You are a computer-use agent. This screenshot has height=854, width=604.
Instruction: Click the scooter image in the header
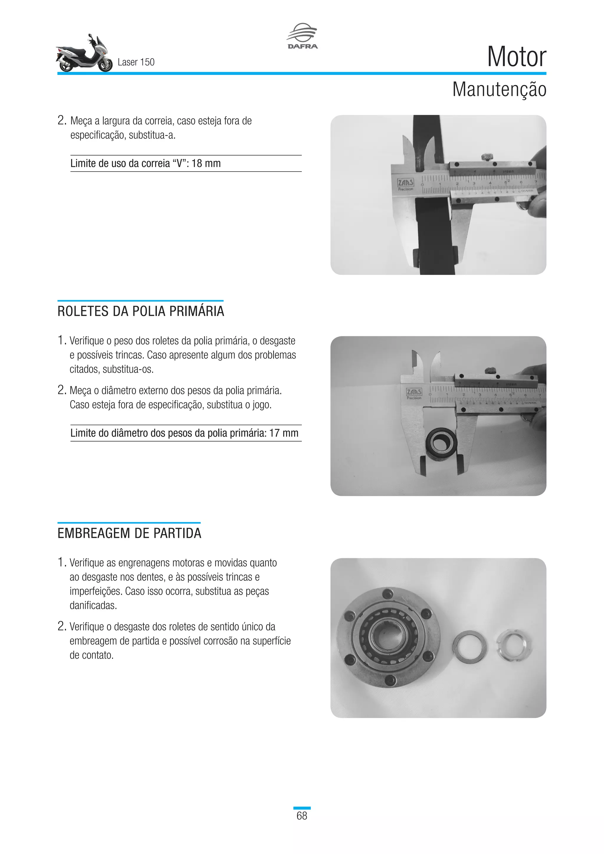(84, 54)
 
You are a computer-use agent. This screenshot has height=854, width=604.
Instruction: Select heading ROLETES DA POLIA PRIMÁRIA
(141, 311)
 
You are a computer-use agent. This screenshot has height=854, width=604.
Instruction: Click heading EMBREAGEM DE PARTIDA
(129, 533)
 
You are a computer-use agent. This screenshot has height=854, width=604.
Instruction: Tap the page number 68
(302, 816)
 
